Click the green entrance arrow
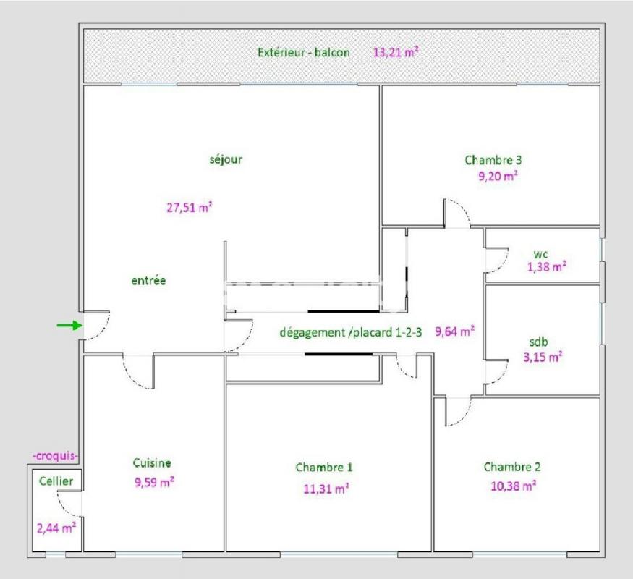coord(69,325)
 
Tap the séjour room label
coord(226,159)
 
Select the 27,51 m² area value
coord(190,208)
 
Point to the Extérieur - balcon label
coord(304,53)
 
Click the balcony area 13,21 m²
coord(396,52)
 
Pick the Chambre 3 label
coord(493,160)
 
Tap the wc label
coord(540,254)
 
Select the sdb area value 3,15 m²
coord(543,357)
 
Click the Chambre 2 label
coord(512,467)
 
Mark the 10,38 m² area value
coord(513,486)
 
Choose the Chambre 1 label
coord(324,468)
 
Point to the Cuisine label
coord(152,462)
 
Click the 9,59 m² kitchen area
coord(154,482)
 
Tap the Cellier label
coord(56,481)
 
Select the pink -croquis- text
coord(55,456)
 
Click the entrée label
coord(148,281)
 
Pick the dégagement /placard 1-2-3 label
coord(350,332)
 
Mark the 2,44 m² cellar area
coord(56,528)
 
